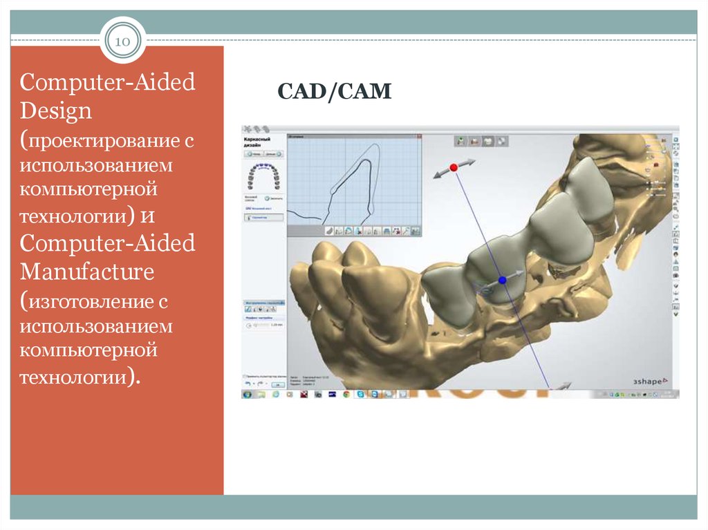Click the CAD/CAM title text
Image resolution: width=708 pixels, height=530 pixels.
click(335, 91)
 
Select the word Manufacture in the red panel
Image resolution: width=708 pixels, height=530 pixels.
click(87, 272)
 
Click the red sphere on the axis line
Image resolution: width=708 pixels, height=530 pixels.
click(454, 168)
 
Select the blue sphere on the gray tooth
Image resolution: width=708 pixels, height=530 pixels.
click(503, 280)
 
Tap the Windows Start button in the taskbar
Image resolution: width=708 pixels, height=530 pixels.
click(247, 394)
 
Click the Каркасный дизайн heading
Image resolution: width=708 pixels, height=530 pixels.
click(256, 143)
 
